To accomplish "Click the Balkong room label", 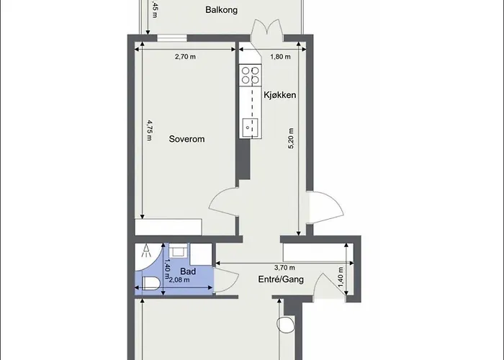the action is click(x=222, y=9).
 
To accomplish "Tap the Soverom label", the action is click(x=186, y=139).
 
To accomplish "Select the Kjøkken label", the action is click(x=279, y=95).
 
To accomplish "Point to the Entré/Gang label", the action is click(x=281, y=279).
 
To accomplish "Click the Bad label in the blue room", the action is click(x=188, y=271).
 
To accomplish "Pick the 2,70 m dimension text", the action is click(x=185, y=57).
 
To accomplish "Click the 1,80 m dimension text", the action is click(x=280, y=57).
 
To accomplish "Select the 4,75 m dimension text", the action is click(x=150, y=130).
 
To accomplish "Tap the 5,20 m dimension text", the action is click(x=291, y=139).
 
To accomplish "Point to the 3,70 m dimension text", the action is click(x=284, y=267).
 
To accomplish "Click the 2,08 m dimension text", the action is click(x=179, y=280).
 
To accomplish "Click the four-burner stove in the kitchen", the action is click(x=250, y=75).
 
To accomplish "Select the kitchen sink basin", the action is click(x=250, y=127).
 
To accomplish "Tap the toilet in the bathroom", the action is click(x=151, y=283).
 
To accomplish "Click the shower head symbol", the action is click(x=147, y=251).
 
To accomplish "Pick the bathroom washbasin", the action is click(x=178, y=250).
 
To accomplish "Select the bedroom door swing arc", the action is click(x=222, y=202).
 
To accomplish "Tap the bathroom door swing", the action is click(x=226, y=279).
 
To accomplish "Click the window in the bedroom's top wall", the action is click(x=172, y=38).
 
